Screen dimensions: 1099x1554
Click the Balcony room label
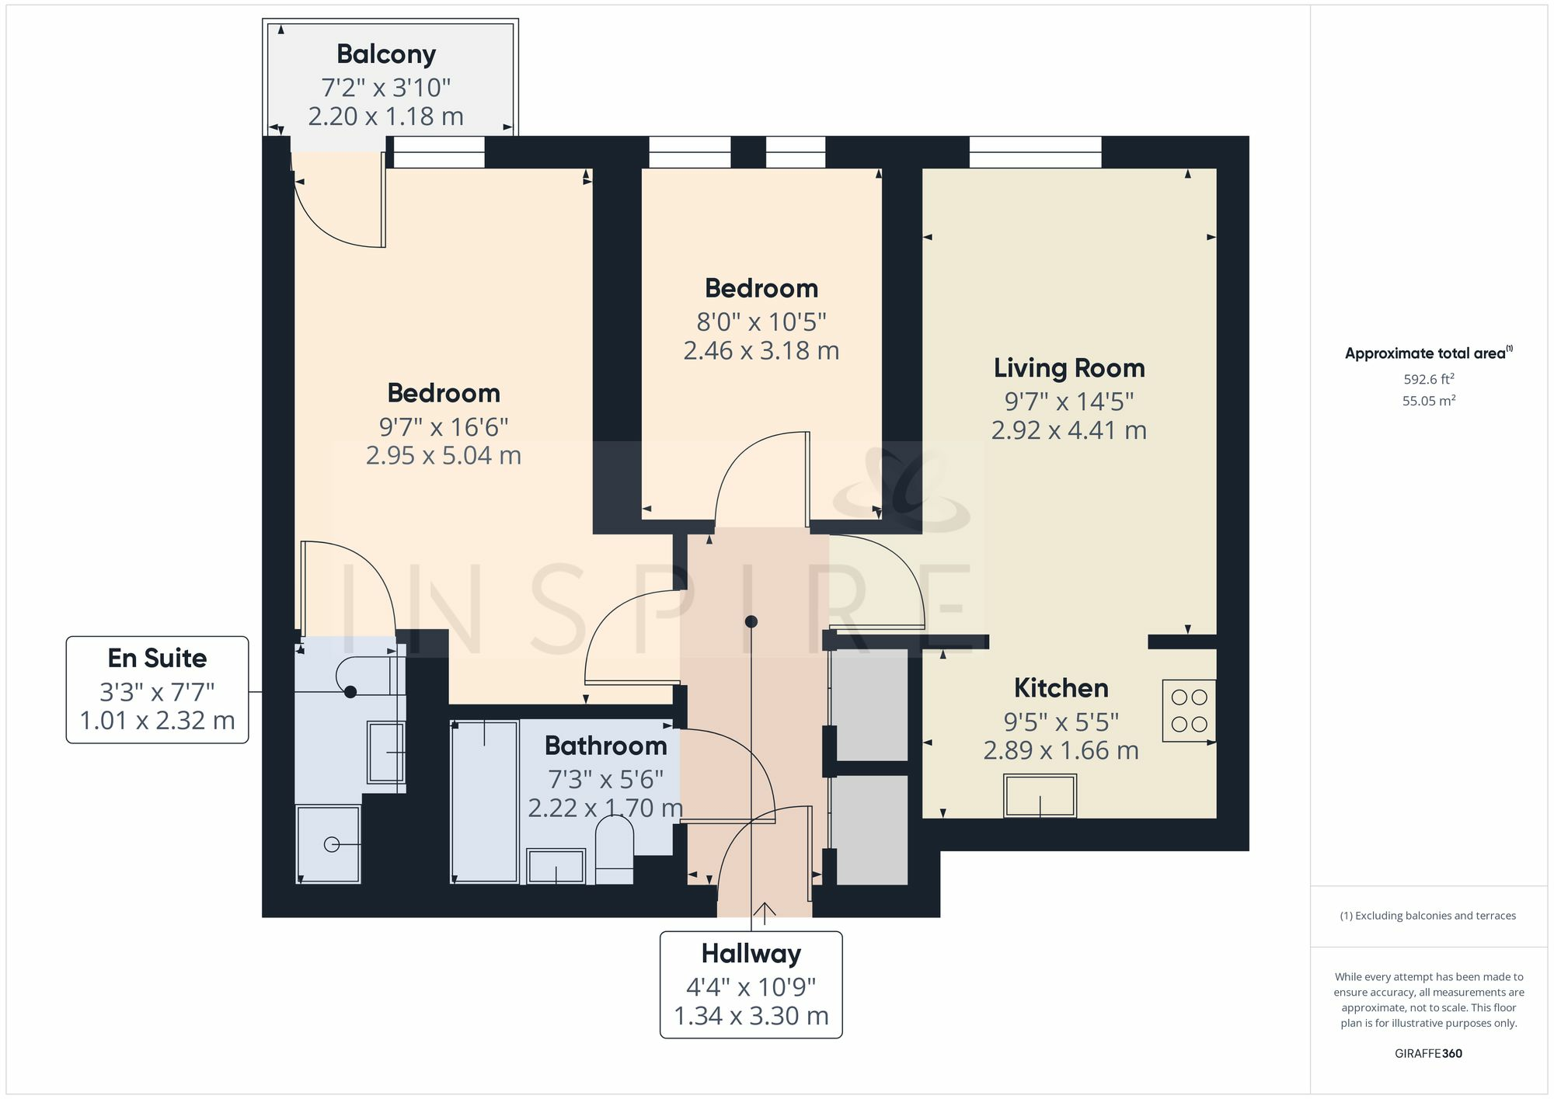click(x=386, y=54)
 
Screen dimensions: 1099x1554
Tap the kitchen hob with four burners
click(x=1189, y=711)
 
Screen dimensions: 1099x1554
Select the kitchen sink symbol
click(x=1040, y=796)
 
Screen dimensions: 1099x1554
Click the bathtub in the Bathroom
click(x=485, y=802)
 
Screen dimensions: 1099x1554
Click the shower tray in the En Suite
click(x=329, y=844)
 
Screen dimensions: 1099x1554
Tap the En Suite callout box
click(x=157, y=690)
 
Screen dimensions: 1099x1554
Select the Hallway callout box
click(x=751, y=984)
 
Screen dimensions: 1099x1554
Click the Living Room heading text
click(x=1069, y=368)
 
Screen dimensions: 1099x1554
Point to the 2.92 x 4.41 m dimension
click(x=1069, y=430)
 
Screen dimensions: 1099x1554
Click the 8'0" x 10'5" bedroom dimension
click(x=761, y=322)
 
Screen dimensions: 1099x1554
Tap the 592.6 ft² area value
click(x=1428, y=380)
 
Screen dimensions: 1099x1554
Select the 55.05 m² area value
click(x=1428, y=402)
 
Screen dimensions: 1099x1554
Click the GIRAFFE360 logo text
click(x=1428, y=1054)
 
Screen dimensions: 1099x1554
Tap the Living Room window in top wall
click(x=1035, y=152)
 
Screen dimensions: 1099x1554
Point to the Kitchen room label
click(x=1061, y=688)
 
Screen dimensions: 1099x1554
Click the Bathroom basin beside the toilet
click(x=556, y=866)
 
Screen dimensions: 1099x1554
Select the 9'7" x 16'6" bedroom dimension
click(x=444, y=427)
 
